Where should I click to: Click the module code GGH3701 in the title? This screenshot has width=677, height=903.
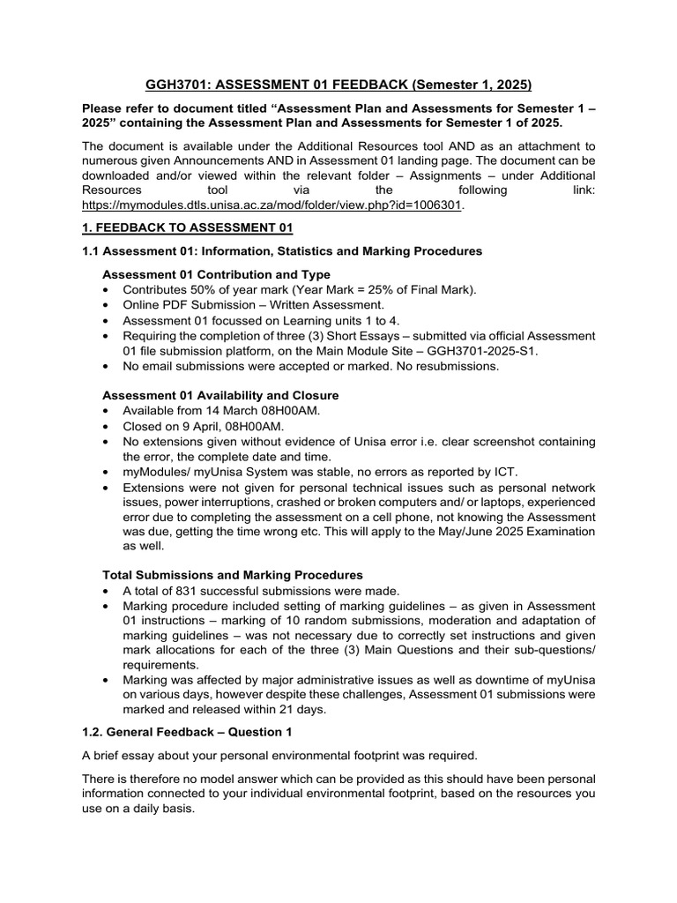177,86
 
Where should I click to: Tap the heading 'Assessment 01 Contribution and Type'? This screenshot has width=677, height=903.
216,274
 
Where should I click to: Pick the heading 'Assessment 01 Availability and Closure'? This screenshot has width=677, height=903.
220,395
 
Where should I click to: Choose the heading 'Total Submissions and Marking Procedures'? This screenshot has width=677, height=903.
233,575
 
